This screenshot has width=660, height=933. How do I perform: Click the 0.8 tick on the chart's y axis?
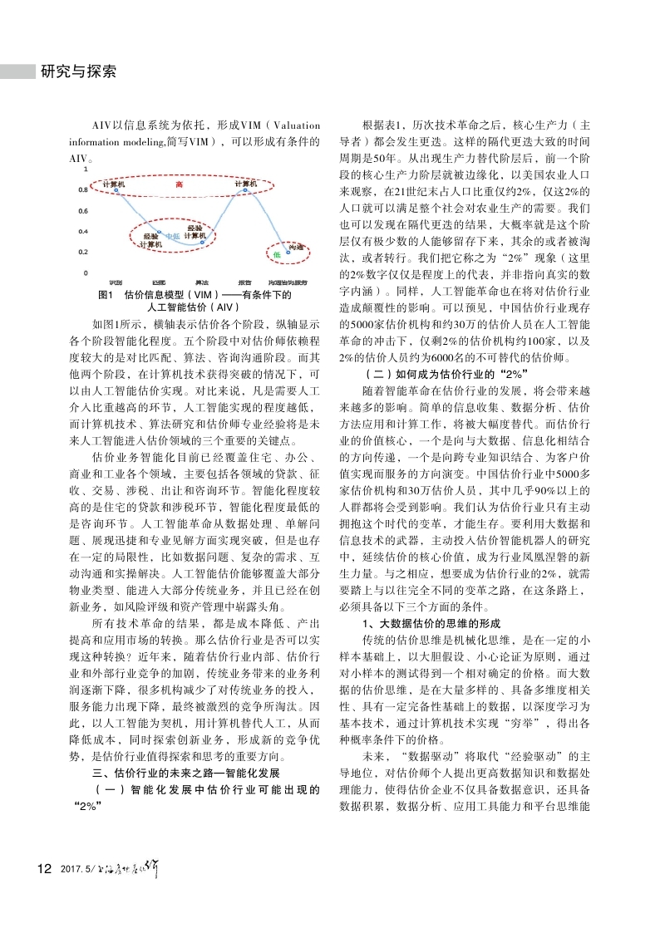coord(83,190)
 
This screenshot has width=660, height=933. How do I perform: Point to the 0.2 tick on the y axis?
coord(83,252)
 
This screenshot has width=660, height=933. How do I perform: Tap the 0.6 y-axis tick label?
coord(83,211)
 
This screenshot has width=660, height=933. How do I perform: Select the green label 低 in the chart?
coord(277,253)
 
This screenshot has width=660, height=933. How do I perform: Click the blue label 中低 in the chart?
coord(172,237)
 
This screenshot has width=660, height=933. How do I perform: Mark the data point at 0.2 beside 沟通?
coord(288,248)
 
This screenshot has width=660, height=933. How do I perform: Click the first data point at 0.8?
coord(116,190)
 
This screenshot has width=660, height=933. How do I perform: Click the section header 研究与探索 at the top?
coord(78,71)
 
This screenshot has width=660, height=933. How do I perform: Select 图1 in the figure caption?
coord(106,294)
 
